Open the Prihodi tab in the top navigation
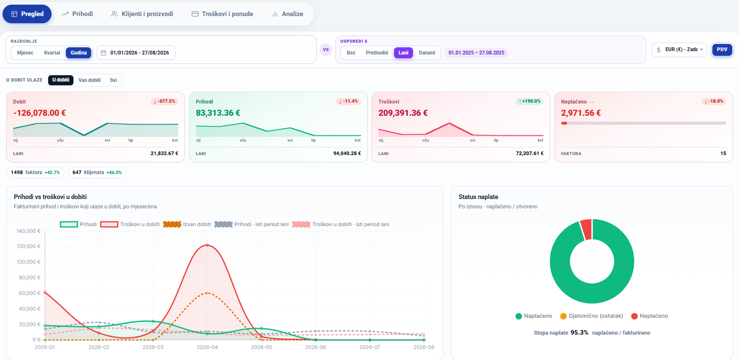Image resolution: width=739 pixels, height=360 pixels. (77, 14)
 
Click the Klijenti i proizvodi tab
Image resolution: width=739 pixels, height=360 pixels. (142, 14)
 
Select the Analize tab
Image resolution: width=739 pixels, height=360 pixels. (288, 14)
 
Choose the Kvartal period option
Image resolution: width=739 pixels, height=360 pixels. (52, 53)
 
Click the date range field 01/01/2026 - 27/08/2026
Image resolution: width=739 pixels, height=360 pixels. (136, 53)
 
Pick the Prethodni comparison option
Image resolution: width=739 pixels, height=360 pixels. (377, 53)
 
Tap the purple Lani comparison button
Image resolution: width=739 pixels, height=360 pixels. (403, 53)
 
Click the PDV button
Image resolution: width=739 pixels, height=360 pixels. (722, 50)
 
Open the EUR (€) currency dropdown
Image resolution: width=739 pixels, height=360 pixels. (679, 50)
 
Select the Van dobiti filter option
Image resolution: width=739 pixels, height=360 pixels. (90, 80)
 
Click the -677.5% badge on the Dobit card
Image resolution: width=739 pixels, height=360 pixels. (164, 101)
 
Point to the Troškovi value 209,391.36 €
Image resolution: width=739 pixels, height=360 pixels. (403, 113)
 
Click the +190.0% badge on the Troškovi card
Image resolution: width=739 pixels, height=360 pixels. (530, 101)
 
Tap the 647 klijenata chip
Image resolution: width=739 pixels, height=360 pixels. (97, 172)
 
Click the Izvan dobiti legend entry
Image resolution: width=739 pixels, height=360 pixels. (187, 224)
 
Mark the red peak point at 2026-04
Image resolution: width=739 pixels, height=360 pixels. (207, 245)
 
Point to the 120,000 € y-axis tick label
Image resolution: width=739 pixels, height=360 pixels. (29, 246)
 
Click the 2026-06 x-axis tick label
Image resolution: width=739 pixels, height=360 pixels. (315, 347)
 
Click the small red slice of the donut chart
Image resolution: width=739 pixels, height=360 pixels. (586, 229)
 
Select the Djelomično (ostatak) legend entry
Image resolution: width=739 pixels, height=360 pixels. (592, 316)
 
